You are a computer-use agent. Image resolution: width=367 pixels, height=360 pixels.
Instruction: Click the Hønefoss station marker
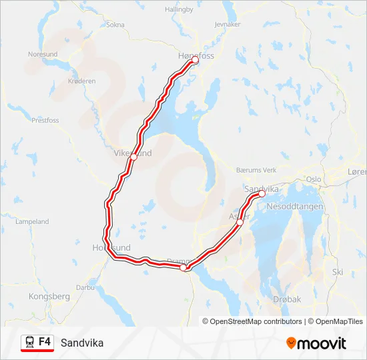click(x=196, y=60)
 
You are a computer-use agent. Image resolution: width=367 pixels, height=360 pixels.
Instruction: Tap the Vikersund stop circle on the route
click(x=134, y=157)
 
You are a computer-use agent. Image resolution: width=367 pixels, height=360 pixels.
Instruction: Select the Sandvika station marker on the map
click(x=262, y=195)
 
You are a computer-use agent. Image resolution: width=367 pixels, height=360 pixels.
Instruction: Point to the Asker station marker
click(x=240, y=223)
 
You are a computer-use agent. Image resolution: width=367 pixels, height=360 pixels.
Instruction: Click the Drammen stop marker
click(x=183, y=267)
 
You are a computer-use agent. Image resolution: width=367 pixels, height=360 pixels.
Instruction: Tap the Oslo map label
click(x=313, y=179)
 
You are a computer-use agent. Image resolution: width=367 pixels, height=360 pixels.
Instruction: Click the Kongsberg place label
click(x=49, y=295)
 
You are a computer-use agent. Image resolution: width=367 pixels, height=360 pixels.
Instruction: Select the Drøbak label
click(x=286, y=300)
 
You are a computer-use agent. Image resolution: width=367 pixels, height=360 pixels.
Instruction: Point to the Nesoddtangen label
click(x=294, y=207)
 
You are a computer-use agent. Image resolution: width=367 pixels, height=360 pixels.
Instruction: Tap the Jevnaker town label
click(x=228, y=24)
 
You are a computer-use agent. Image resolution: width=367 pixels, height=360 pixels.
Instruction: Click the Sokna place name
click(x=115, y=25)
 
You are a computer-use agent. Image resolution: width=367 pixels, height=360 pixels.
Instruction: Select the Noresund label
click(x=43, y=54)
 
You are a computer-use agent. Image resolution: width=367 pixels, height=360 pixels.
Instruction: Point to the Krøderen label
click(x=82, y=81)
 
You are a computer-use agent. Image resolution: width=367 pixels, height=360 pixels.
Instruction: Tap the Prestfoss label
click(x=45, y=121)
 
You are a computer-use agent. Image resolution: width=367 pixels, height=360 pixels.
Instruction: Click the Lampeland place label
click(x=32, y=221)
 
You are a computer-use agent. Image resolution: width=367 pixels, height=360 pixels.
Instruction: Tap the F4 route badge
click(x=37, y=342)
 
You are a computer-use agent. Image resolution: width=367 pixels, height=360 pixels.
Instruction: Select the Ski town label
click(x=338, y=272)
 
